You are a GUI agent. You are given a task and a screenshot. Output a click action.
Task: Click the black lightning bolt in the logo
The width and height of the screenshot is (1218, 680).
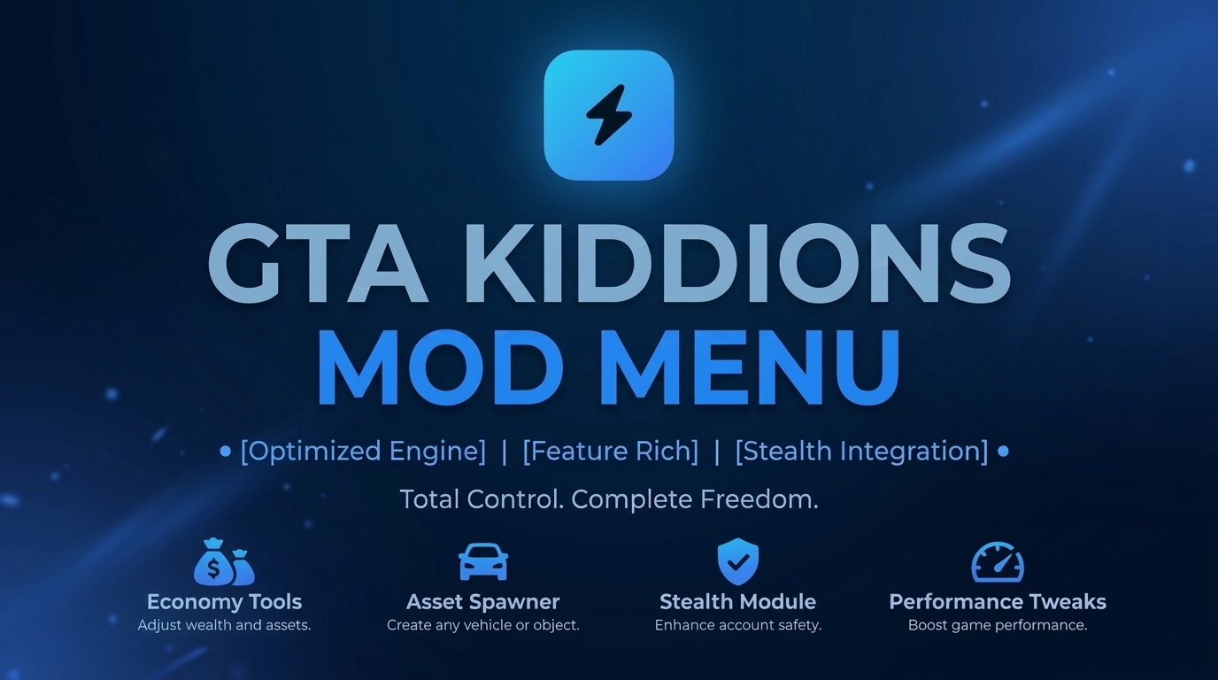pos(609,115)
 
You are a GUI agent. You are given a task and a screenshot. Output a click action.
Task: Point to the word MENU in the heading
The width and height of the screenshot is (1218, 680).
pos(749,367)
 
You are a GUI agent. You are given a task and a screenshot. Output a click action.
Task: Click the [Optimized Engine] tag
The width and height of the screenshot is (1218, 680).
pos(363,452)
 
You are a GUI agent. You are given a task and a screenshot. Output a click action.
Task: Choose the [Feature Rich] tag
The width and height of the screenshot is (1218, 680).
pos(610,452)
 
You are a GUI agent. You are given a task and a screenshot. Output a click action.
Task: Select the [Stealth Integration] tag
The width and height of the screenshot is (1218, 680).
pos(861,452)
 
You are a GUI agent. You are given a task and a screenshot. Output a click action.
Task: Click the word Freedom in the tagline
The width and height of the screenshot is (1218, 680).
pos(759,499)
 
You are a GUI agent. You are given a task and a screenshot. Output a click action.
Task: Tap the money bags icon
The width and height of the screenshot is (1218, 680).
pos(224,562)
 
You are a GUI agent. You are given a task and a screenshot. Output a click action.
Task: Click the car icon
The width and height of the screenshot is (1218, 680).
pos(483,561)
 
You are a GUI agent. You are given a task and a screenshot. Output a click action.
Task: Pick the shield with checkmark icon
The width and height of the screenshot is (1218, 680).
pos(738,561)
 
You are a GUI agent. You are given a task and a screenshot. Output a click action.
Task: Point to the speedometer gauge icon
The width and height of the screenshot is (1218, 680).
pos(998,562)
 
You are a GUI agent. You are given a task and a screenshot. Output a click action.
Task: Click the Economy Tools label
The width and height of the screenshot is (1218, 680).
pos(224,602)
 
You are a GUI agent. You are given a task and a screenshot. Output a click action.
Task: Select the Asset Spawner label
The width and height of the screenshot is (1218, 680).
pos(482,602)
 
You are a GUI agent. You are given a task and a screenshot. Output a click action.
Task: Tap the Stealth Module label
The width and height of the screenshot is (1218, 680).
pos(738,602)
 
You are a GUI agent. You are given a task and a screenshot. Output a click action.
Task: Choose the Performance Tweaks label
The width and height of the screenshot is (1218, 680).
pos(998,602)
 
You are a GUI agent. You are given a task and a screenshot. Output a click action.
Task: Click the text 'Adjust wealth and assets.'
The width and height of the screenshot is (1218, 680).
pos(224,626)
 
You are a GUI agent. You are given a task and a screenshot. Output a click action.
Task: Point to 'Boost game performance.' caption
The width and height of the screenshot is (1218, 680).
pos(998,626)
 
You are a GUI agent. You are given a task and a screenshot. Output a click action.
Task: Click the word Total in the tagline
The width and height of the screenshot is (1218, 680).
pos(430,499)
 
